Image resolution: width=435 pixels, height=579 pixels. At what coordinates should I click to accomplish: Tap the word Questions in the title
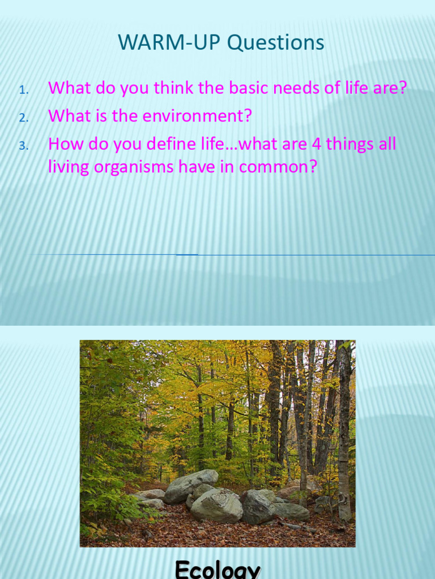[x=265, y=43]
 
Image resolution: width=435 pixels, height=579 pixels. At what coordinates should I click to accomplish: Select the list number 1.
[x=23, y=89]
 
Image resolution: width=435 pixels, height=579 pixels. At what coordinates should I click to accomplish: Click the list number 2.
[x=23, y=118]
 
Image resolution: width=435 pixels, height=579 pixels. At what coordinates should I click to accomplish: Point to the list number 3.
[x=23, y=146]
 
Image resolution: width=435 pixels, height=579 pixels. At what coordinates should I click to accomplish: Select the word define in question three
[x=146, y=145]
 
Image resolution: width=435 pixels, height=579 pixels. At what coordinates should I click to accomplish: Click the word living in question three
[x=65, y=167]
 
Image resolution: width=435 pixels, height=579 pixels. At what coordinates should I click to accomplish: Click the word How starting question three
[x=63, y=145]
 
